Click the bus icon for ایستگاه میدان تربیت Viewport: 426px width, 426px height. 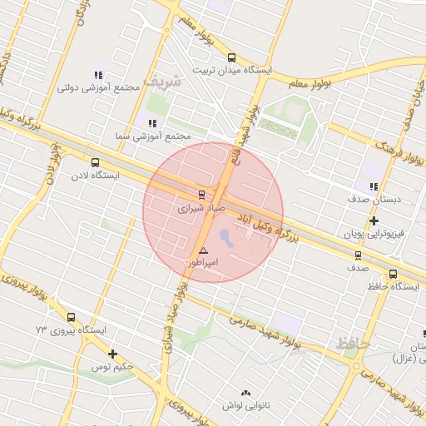coord(230,58)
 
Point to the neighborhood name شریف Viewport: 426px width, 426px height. coord(161,82)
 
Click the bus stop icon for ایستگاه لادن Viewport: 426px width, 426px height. coord(95,163)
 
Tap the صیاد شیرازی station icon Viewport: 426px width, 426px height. coord(201,195)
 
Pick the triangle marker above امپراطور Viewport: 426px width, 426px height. coord(203,250)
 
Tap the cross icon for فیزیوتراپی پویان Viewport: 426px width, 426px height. coord(374,221)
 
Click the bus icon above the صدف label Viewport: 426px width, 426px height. coord(358,255)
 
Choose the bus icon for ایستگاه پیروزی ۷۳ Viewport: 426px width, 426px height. coord(71,317)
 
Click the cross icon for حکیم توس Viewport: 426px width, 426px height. coord(112,354)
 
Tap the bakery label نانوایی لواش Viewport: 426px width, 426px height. coord(244,405)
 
